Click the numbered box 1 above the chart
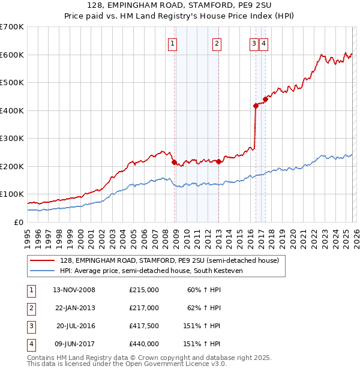click(x=172, y=43)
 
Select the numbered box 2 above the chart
click(x=216, y=43)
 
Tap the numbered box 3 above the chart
click(x=254, y=43)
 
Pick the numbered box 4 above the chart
click(x=263, y=43)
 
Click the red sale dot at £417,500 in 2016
click(x=256, y=106)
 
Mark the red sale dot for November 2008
click(x=175, y=162)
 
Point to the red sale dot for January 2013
click(x=219, y=161)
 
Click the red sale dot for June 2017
click(x=265, y=100)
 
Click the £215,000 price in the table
click(x=144, y=290)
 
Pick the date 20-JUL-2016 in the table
click(x=75, y=327)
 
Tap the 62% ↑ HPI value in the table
click(x=204, y=308)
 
